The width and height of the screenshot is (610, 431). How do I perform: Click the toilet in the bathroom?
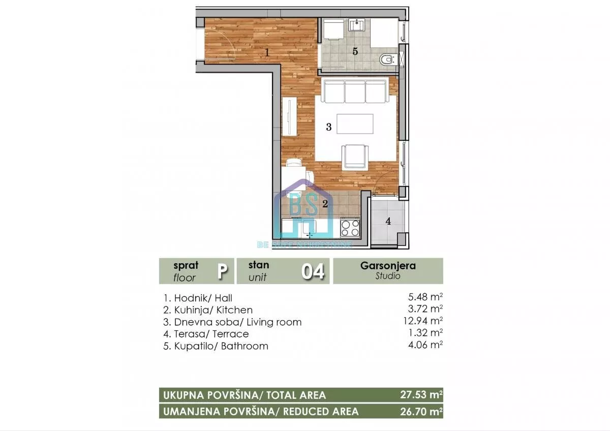click(388, 59)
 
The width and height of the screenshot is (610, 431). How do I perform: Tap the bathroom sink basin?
click(357, 24)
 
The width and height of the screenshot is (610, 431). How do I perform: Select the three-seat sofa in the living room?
click(355, 91)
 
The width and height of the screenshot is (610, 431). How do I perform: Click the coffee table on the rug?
click(355, 124)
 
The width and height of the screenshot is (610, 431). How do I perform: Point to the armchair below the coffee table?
click(354, 156)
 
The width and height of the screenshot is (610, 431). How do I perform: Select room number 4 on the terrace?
click(388, 221)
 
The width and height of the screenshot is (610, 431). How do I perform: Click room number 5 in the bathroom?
click(355, 51)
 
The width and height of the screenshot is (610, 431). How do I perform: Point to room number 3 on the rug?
click(328, 127)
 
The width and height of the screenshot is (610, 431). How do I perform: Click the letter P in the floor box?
click(222, 271)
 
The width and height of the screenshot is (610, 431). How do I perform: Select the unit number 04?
click(313, 271)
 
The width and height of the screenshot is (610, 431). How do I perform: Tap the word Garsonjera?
click(388, 265)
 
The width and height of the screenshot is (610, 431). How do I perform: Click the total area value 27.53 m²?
click(421, 394)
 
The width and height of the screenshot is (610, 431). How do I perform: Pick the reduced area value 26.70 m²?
click(421, 411)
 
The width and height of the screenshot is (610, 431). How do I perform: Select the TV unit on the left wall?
click(290, 116)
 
